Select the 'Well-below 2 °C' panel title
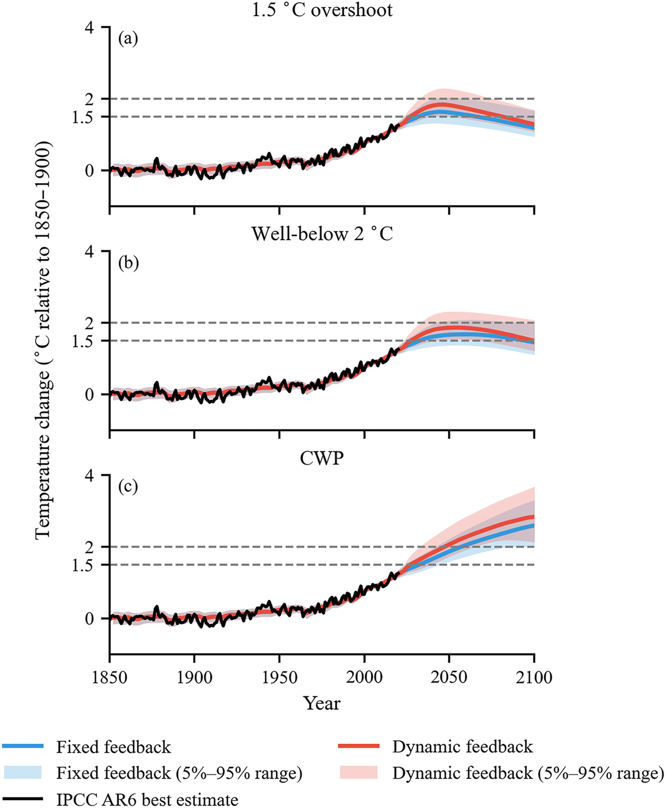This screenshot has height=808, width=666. coord(322,234)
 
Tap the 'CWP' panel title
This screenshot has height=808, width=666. coord(322,458)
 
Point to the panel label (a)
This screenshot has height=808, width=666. coord(128,39)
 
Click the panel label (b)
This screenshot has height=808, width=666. coord(128,263)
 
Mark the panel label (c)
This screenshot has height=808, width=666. coord(128,487)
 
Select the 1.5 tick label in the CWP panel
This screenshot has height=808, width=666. coord(82,565)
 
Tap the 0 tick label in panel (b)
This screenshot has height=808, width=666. coord(89,395)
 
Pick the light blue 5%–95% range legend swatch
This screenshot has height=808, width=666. coord(22,772)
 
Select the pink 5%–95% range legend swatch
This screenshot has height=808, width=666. coord(359,772)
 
